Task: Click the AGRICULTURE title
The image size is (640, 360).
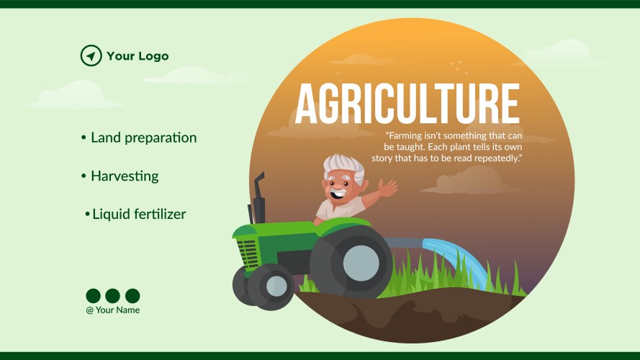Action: point(407,105)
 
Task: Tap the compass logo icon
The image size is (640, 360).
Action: point(91,55)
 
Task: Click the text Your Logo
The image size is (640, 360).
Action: point(138,55)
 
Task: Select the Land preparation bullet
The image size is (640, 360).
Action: point(143,138)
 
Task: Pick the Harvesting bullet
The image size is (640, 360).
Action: point(125,176)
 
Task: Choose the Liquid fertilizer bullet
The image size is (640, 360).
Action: point(139,214)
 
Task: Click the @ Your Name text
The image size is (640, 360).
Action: point(113,310)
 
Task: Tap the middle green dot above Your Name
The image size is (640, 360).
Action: point(112,296)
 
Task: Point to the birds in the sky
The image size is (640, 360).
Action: point(456,66)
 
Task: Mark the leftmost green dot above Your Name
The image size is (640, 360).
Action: point(93,296)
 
